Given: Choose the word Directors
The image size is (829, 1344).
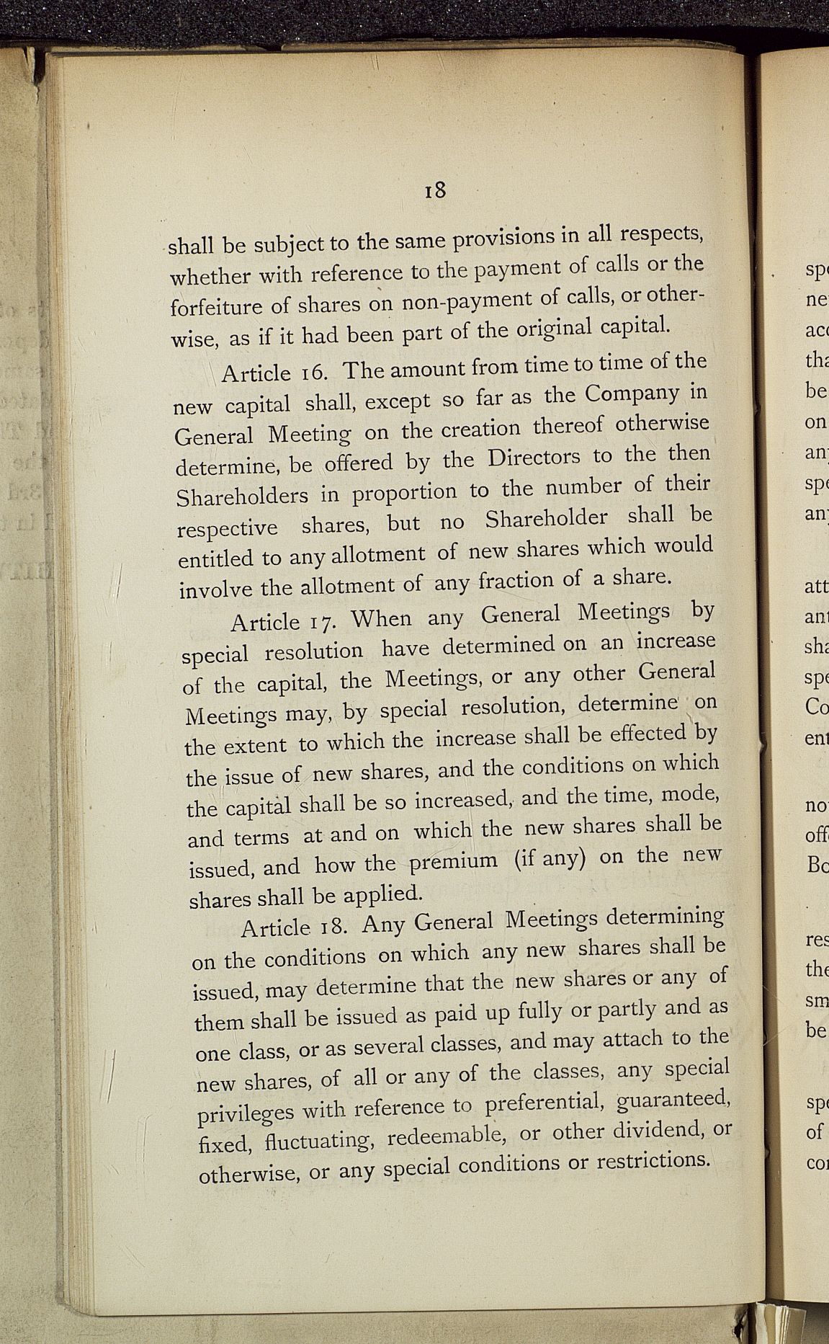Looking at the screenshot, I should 534,458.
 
